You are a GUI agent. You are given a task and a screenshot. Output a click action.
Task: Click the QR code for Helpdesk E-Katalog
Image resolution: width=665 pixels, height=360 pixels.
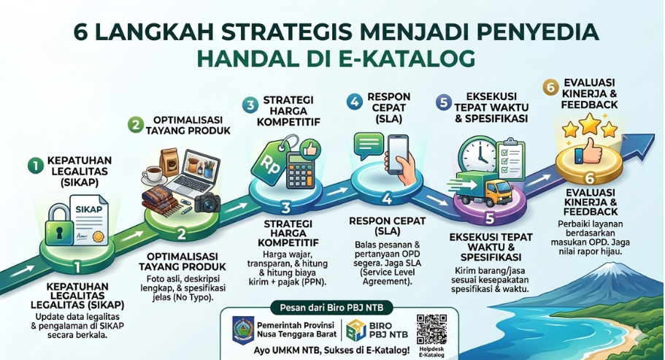(x=431, y=328)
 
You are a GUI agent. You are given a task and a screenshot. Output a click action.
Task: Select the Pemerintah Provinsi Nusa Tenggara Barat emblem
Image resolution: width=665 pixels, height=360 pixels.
(x=243, y=328)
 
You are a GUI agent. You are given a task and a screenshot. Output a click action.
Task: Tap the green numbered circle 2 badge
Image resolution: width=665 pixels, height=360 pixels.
(x=135, y=124)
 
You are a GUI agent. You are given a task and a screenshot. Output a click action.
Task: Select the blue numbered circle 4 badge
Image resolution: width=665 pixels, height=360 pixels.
(x=355, y=103)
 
